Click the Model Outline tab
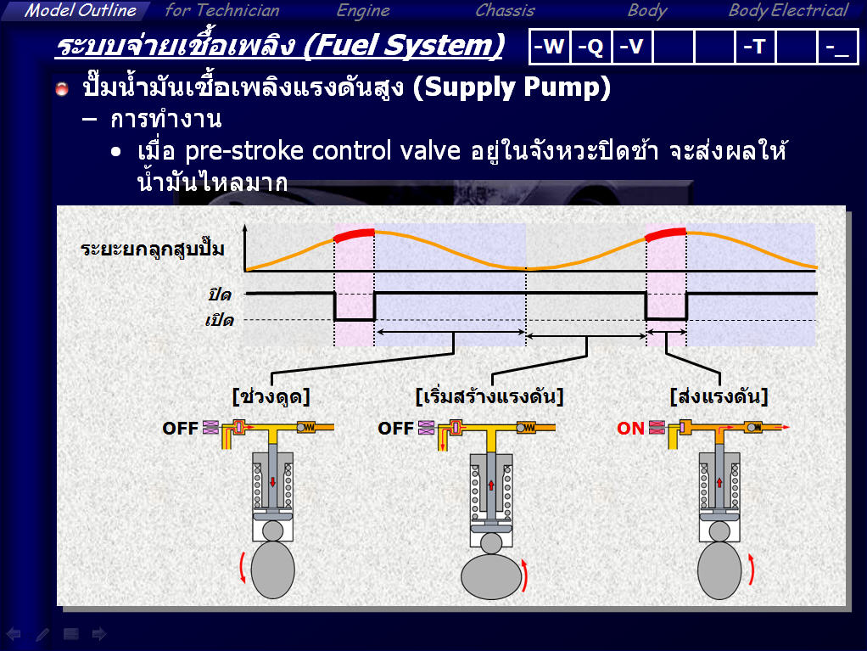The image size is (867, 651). (x=81, y=10)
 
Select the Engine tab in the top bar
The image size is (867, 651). (x=363, y=10)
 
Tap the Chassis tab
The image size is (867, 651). (x=506, y=10)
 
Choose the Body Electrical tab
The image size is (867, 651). (x=788, y=10)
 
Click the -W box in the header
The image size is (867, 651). (x=550, y=47)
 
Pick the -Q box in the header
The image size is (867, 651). (x=591, y=47)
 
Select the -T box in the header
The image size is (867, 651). (x=755, y=47)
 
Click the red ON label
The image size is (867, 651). (x=630, y=428)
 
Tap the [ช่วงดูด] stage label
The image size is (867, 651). (x=271, y=396)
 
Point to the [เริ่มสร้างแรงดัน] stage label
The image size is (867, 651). (x=489, y=396)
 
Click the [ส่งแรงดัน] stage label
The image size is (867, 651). (x=719, y=396)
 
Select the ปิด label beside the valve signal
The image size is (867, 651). (x=220, y=295)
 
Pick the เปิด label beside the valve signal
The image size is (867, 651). (x=220, y=320)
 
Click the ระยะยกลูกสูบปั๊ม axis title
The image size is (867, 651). (x=153, y=249)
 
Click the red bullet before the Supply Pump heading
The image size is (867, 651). (x=62, y=88)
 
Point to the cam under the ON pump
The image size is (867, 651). (x=719, y=570)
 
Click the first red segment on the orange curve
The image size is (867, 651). (x=354, y=234)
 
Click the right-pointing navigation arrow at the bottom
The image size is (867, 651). (x=99, y=634)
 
